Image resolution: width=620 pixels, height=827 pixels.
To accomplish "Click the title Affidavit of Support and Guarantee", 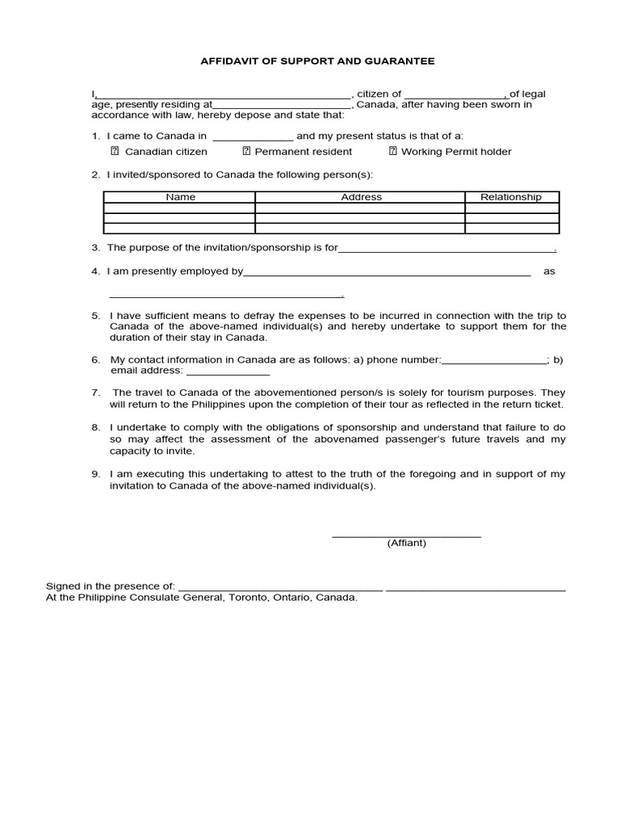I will point(317,61).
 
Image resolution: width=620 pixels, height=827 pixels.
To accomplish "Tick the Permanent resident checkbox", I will point(246,151).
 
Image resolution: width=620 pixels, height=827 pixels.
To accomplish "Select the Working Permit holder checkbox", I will point(393,151).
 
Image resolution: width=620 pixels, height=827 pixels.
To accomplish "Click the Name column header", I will point(180,197).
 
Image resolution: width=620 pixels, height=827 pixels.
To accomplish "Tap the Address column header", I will point(361,197).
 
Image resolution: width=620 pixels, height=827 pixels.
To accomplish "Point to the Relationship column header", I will point(511,197).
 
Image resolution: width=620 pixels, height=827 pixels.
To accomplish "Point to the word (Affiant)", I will point(406,544).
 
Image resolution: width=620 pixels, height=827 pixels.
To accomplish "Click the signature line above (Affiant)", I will point(406,535).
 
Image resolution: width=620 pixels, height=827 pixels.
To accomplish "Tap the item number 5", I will point(95,316).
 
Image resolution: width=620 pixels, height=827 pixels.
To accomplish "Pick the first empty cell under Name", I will point(180,208).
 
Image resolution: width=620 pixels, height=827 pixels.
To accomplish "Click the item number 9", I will point(95,474).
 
